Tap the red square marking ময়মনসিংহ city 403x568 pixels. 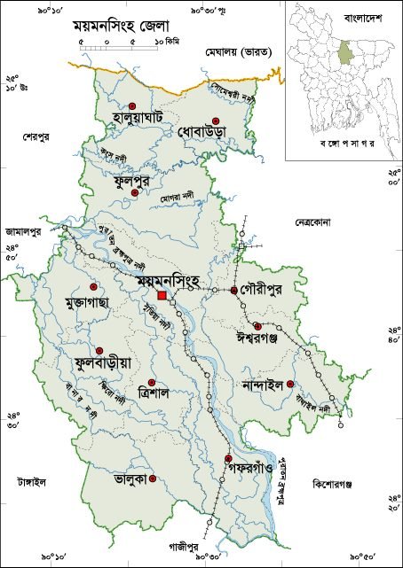(162, 295)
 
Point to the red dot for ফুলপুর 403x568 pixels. (135, 192)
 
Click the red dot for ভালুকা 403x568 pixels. (153, 479)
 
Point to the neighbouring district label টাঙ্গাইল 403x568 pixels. (30, 481)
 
